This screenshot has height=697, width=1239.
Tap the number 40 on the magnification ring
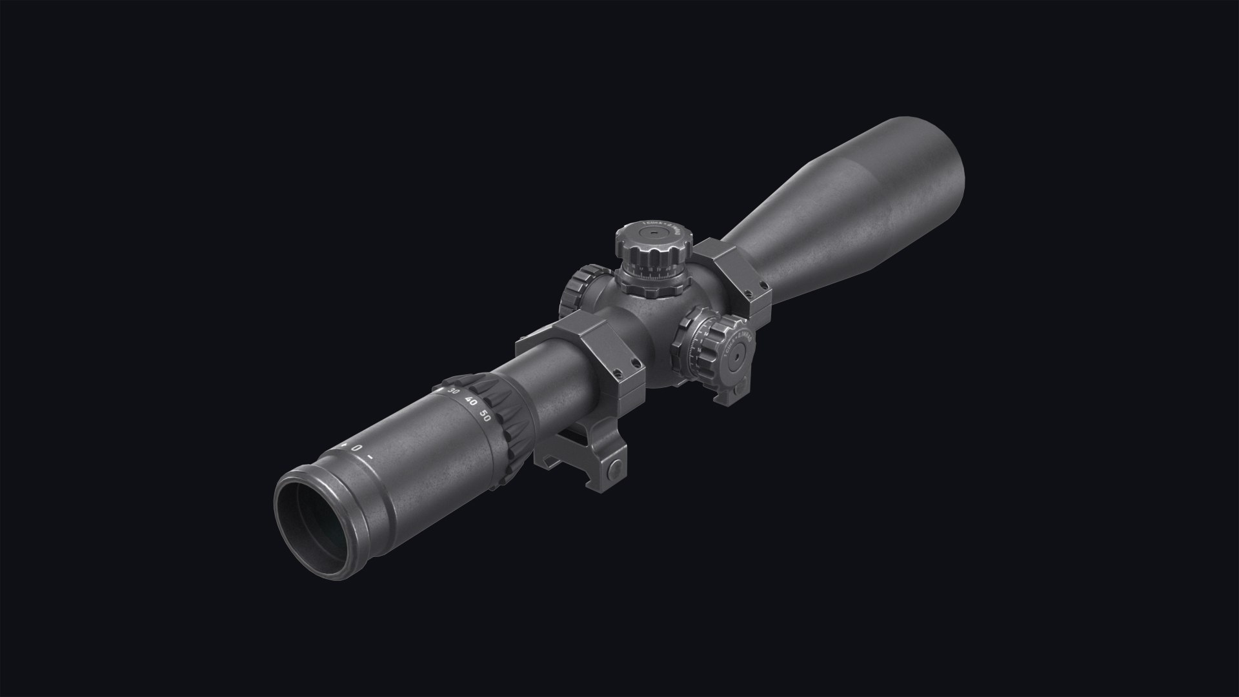click(471, 403)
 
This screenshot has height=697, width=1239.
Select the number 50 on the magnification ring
click(486, 416)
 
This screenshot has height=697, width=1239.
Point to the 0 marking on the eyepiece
click(356, 447)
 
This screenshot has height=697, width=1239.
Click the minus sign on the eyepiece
click(370, 458)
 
